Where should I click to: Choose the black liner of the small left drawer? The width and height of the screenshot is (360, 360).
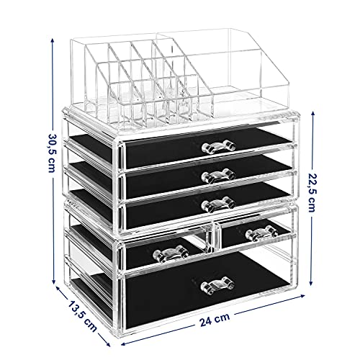144,253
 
